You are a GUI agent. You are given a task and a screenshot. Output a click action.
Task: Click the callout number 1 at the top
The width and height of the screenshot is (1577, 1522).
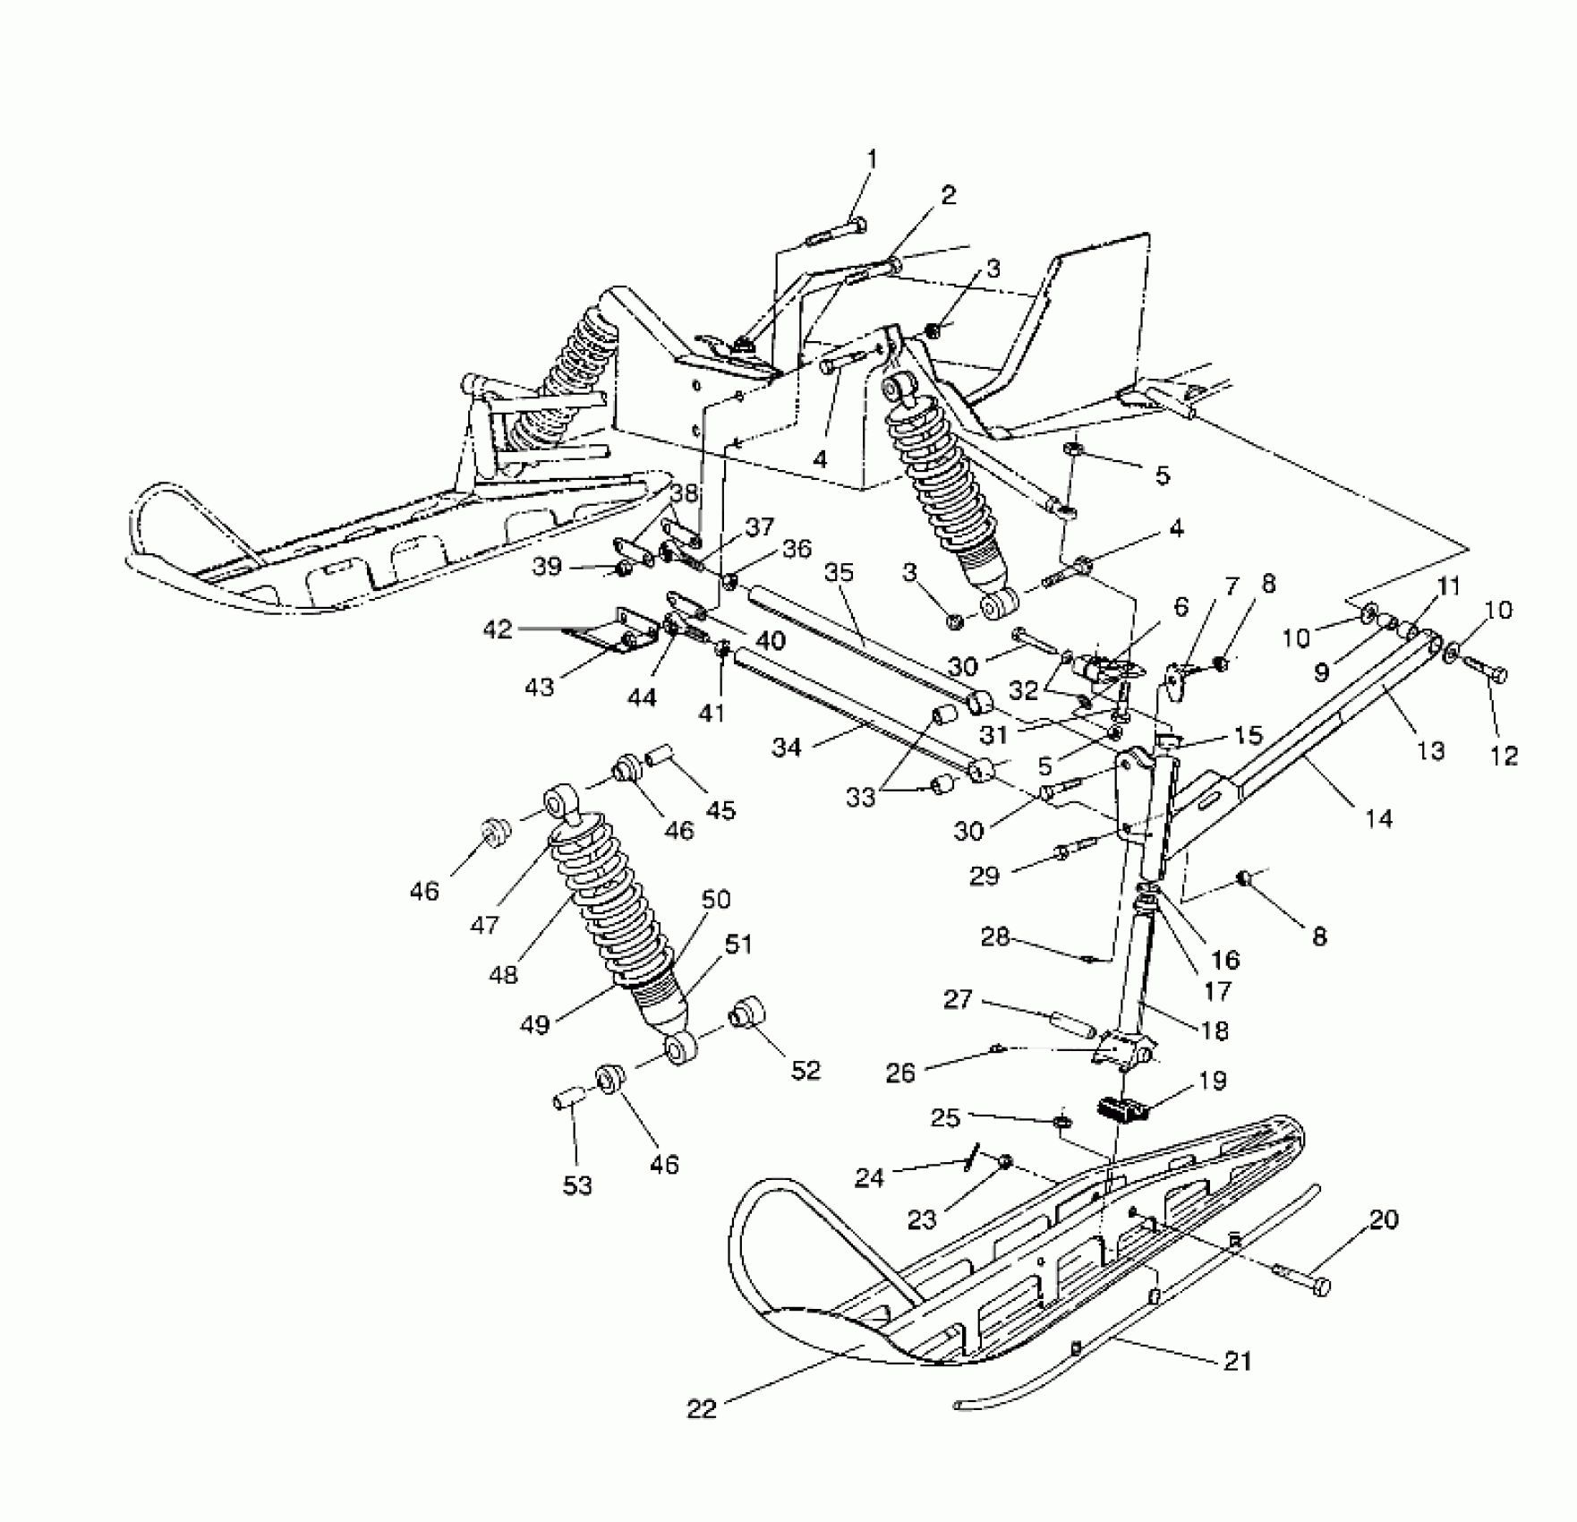[872, 159]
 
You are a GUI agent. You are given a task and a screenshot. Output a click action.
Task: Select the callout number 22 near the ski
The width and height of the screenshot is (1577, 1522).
[703, 1408]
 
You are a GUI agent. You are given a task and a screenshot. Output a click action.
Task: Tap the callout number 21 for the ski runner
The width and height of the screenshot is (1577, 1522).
[1239, 1361]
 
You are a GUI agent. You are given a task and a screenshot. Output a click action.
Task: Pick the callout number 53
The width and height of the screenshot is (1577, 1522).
[577, 1185]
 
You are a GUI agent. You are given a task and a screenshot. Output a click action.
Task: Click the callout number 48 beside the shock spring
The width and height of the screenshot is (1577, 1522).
[504, 973]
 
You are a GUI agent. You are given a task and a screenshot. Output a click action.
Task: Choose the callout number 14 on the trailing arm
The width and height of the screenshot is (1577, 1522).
[1379, 817]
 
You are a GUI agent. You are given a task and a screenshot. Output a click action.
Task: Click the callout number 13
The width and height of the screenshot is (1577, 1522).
[1431, 749]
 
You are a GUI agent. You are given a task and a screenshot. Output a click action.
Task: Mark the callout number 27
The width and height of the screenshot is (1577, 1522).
[958, 998]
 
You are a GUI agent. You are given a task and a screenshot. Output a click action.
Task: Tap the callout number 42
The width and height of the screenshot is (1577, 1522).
[498, 629]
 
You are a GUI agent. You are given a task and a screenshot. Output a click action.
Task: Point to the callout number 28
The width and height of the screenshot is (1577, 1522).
[995, 937]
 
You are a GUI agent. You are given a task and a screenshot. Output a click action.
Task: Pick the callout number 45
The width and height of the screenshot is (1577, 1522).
[720, 809]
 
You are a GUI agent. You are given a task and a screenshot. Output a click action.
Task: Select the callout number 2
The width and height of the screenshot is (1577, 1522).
[947, 194]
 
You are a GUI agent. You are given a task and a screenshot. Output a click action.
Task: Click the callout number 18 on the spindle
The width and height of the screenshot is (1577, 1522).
[1215, 1030]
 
